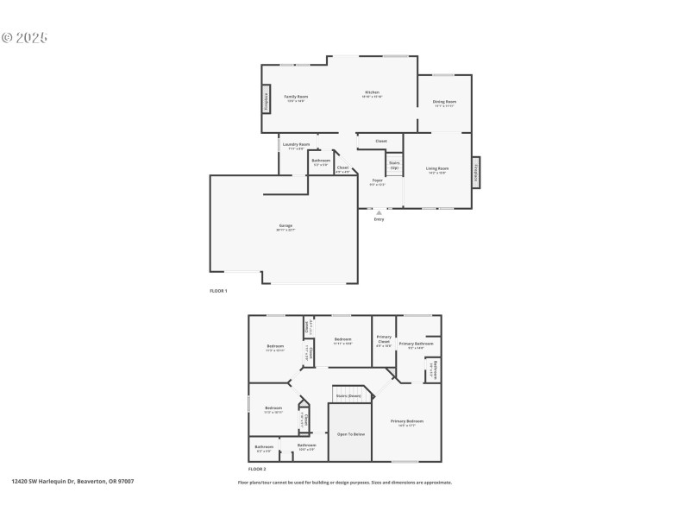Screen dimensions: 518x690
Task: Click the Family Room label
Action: click(x=297, y=97)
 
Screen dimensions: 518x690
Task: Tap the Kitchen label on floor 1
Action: click(x=372, y=92)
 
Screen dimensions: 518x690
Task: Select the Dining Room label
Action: click(x=444, y=102)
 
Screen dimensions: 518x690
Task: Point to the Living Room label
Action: click(x=437, y=168)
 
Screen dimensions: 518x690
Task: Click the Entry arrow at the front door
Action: click(x=379, y=212)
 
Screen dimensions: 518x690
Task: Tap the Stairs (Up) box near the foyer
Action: click(x=394, y=164)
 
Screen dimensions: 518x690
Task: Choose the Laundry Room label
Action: click(x=297, y=144)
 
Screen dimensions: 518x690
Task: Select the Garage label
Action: click(x=285, y=225)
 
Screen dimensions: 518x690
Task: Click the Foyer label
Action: click(x=377, y=180)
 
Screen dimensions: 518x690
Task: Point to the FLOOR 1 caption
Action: click(x=219, y=291)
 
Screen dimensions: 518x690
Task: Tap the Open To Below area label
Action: click(x=351, y=433)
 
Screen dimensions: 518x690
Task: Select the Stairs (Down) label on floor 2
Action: click(x=348, y=395)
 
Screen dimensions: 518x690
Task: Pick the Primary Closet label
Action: click(x=384, y=338)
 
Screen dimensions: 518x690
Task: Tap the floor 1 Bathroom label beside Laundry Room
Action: click(x=321, y=161)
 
